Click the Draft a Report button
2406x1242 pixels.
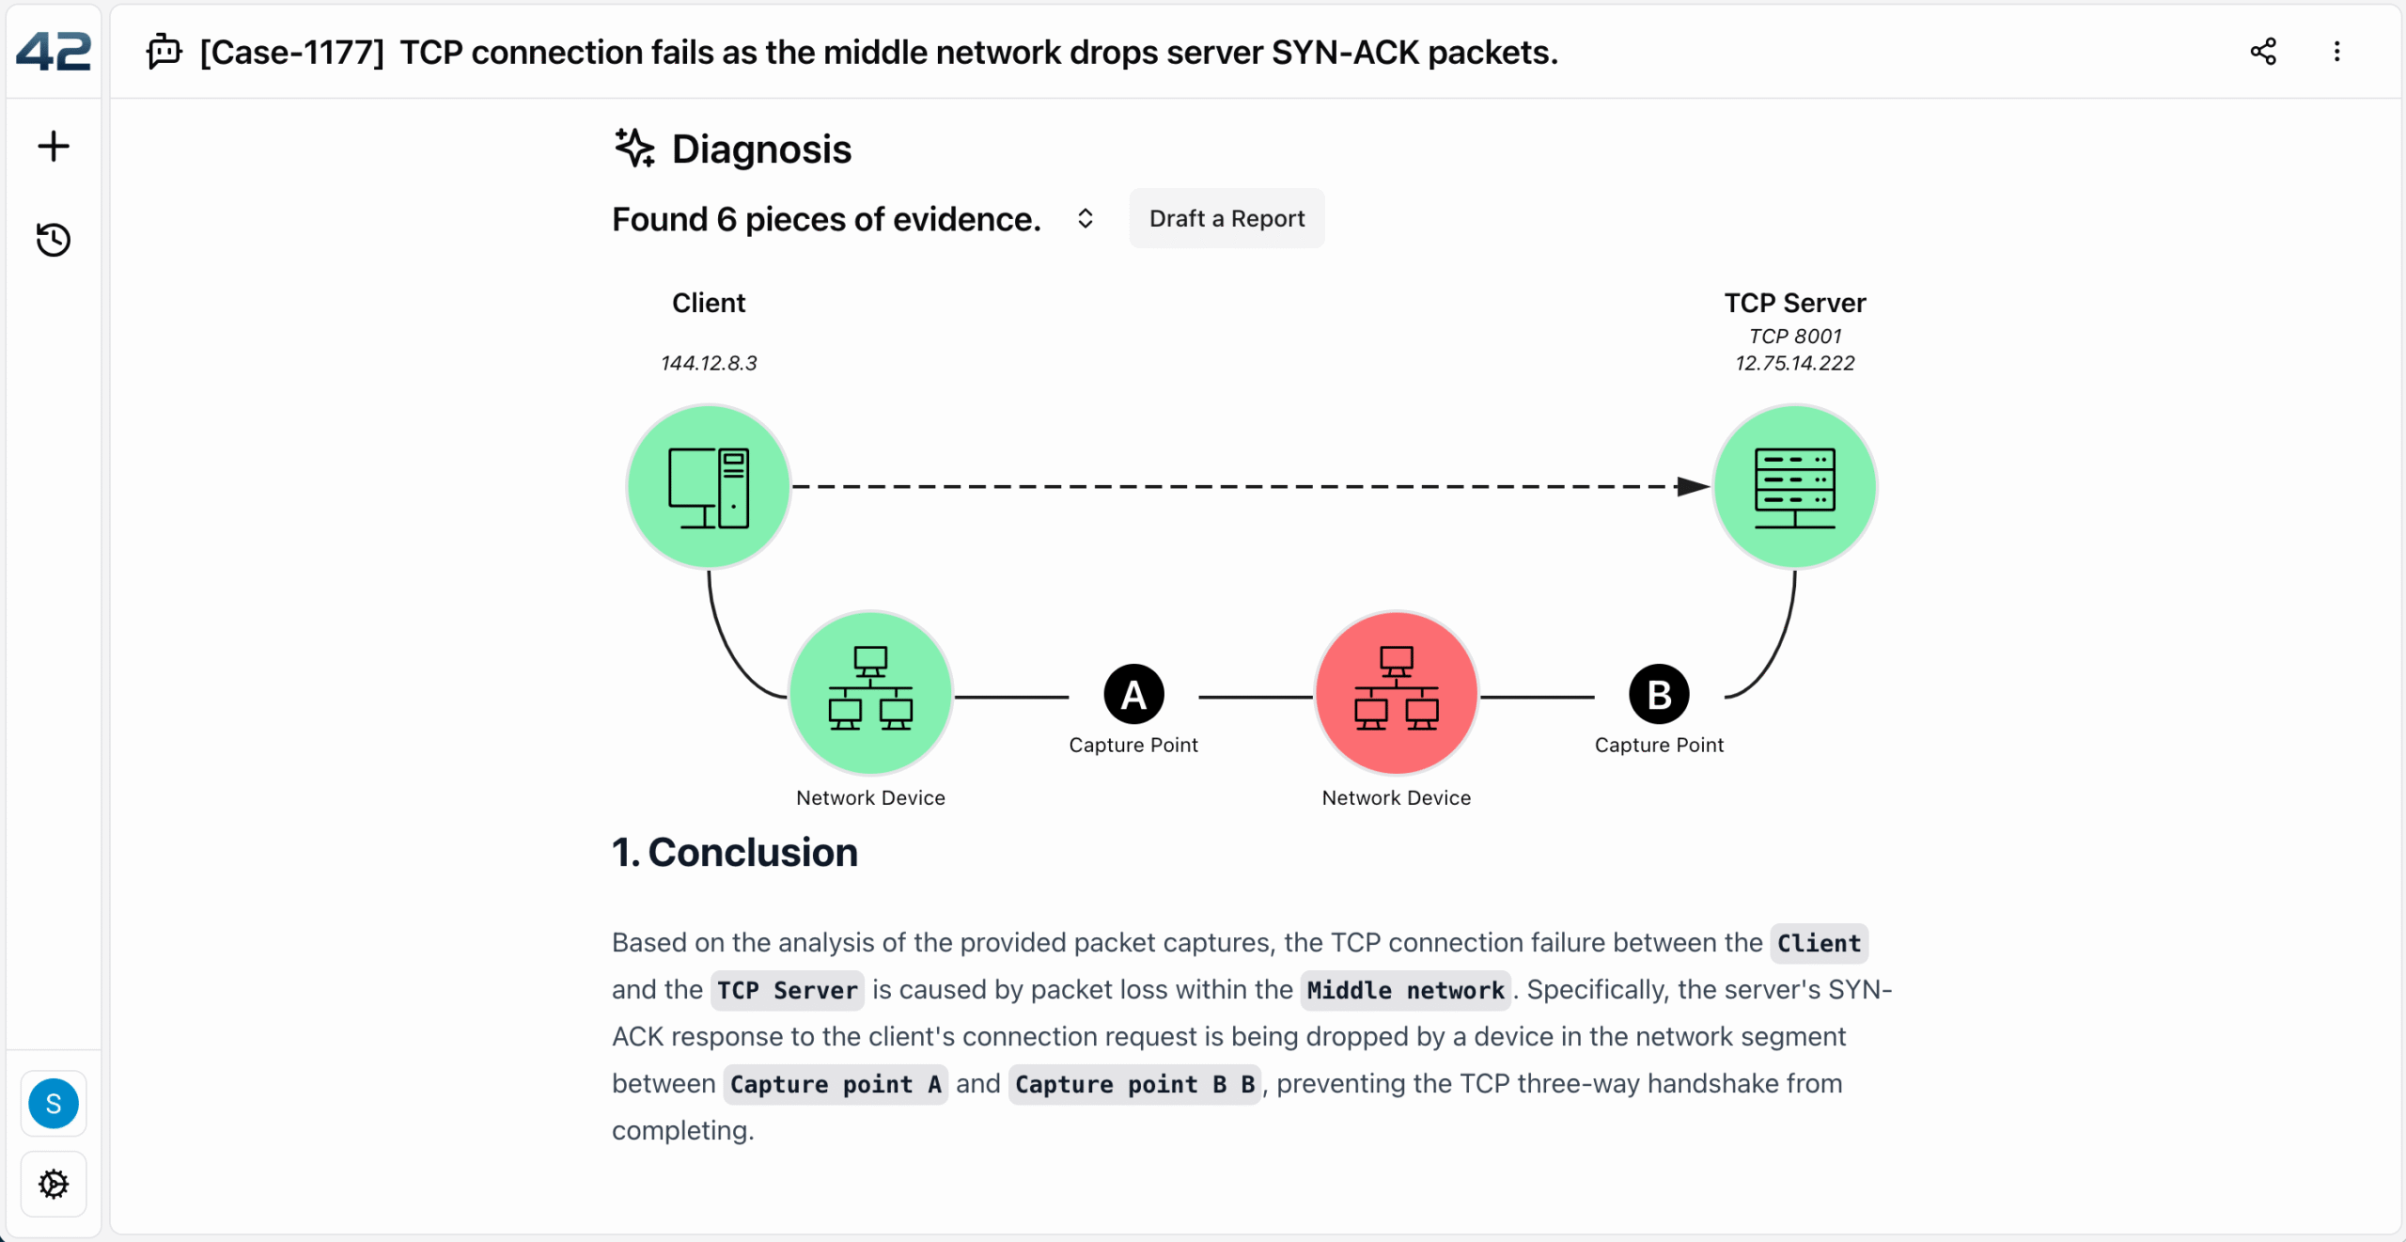pyautogui.click(x=1226, y=219)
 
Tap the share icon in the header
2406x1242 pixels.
pyautogui.click(x=2263, y=52)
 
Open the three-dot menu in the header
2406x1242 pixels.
pyautogui.click(x=2336, y=52)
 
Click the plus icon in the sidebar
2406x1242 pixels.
pyautogui.click(x=54, y=147)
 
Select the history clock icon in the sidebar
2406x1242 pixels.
pyautogui.click(x=54, y=240)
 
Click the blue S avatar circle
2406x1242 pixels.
pyautogui.click(x=54, y=1104)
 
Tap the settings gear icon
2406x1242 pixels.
pyautogui.click(x=54, y=1185)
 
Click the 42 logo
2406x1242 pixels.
pyautogui.click(x=54, y=52)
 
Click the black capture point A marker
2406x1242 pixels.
pyautogui.click(x=1133, y=696)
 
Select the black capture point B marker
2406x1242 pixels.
pyautogui.click(x=1659, y=696)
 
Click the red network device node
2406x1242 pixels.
pyautogui.click(x=1396, y=694)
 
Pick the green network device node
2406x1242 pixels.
pyautogui.click(x=870, y=694)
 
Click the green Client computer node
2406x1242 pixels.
pyautogui.click(x=709, y=487)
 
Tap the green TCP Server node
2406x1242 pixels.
pyautogui.click(x=1794, y=487)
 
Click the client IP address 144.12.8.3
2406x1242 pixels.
pyautogui.click(x=709, y=363)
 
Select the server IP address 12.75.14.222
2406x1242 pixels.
pyautogui.click(x=1794, y=363)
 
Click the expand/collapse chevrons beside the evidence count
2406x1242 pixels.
pyautogui.click(x=1086, y=219)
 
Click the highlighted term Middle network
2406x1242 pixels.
pyautogui.click(x=1405, y=991)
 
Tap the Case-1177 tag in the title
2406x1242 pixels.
pyautogui.click(x=292, y=53)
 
